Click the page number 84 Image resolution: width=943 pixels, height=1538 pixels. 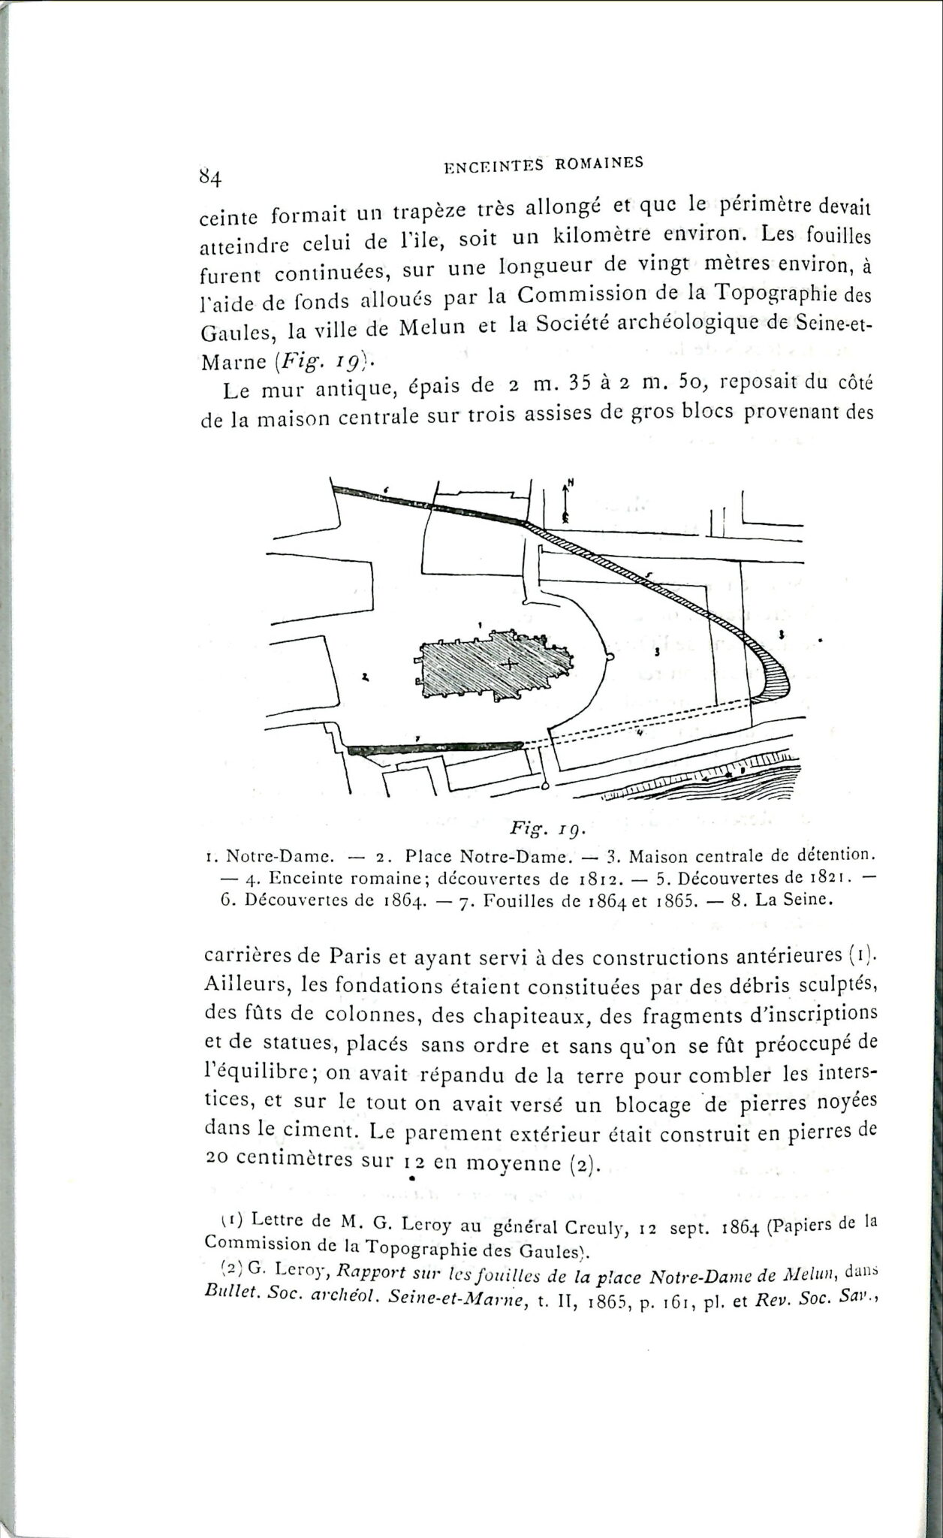209,176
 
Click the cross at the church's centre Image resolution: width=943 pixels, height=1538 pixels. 509,664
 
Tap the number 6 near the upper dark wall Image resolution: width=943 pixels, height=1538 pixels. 385,489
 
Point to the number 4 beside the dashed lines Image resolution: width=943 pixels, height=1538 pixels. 640,732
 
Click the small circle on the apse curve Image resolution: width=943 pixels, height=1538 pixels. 610,656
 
